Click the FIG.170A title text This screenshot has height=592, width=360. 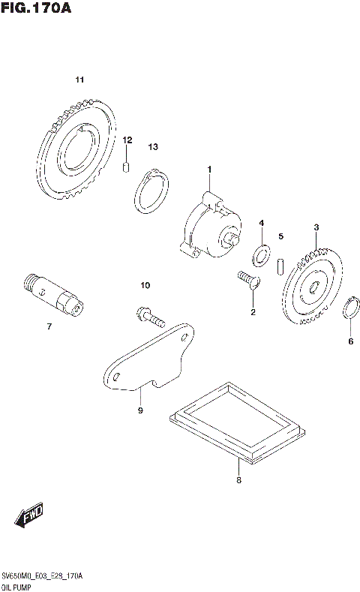coord(35,9)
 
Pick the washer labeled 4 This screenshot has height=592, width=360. coord(261,255)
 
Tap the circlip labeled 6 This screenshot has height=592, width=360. coord(349,309)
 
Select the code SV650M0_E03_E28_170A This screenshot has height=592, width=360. coord(42,575)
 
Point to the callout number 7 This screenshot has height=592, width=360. coord(49,326)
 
